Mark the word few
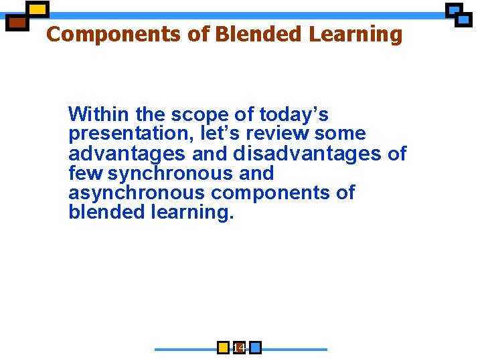point(86,173)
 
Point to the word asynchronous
point(137,193)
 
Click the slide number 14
point(238,348)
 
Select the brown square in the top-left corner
point(17,23)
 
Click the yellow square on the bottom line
point(224,348)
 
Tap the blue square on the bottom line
point(254,348)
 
